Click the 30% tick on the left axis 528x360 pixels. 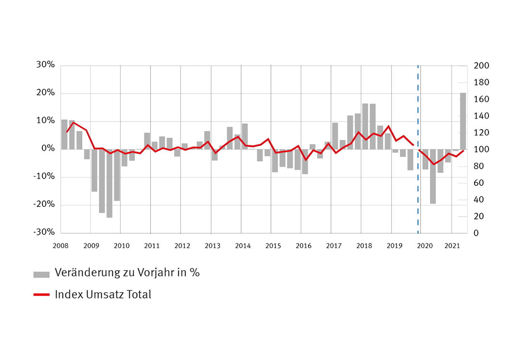click(45, 65)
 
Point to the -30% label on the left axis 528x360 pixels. click(44, 232)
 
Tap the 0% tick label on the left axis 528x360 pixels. click(48, 149)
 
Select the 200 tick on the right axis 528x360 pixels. click(481, 66)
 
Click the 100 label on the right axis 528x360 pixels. click(481, 149)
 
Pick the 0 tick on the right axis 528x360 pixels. click(476, 233)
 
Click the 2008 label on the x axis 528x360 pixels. click(61, 246)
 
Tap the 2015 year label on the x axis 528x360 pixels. click(273, 246)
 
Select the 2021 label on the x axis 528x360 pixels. click(452, 246)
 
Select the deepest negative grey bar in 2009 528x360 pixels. click(109, 183)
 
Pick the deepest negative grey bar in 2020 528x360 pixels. click(433, 176)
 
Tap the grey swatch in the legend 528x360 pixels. click(41, 274)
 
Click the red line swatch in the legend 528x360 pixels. click(41, 295)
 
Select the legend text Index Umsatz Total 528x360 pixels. click(103, 294)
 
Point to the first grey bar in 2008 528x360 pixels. click(64, 134)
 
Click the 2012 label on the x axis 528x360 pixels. click(182, 246)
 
